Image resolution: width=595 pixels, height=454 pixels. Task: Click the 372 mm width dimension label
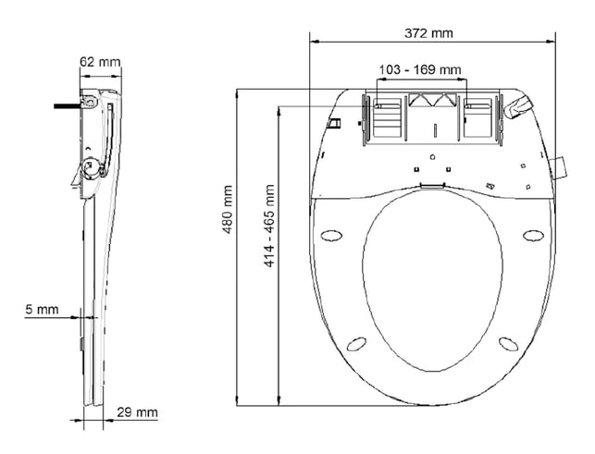click(428, 32)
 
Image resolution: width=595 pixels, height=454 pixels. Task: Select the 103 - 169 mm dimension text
click(422, 70)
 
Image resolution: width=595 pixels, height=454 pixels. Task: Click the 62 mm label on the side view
click(100, 62)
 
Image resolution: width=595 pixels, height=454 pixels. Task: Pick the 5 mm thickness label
click(42, 310)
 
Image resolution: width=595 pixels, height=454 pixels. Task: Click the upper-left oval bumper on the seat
click(332, 234)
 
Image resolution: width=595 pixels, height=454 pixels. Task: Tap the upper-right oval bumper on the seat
click(533, 234)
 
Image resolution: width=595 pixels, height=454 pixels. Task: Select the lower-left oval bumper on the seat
click(356, 344)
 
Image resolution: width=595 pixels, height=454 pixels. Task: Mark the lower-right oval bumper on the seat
click(509, 344)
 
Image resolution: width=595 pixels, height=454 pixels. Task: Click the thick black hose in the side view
click(67, 106)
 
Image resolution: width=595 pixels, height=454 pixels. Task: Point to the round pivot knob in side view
click(91, 167)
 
